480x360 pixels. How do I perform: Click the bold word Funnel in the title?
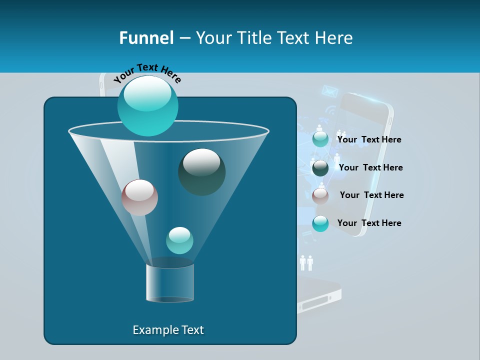[x=146, y=37]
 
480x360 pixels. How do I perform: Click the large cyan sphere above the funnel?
[x=147, y=105]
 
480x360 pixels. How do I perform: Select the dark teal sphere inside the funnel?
[x=201, y=171]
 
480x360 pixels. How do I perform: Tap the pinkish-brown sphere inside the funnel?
[x=139, y=197]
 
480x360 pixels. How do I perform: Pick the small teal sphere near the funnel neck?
[x=179, y=240]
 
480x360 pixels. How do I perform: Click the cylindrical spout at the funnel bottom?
[x=170, y=282]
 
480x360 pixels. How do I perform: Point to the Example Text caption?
[x=168, y=330]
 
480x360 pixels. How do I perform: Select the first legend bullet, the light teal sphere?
[x=320, y=139]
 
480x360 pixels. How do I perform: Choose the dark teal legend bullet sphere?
[x=320, y=168]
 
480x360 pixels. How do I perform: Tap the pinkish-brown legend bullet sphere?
[x=320, y=196]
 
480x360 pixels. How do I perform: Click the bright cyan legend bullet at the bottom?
[x=320, y=223]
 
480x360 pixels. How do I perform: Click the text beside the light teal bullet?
[x=369, y=139]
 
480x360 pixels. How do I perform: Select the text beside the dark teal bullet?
[x=370, y=167]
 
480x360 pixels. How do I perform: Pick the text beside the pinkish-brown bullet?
[x=371, y=195]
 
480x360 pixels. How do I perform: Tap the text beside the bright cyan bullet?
[x=369, y=223]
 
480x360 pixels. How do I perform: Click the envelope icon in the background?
[x=329, y=91]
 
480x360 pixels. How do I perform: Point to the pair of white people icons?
[x=306, y=262]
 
